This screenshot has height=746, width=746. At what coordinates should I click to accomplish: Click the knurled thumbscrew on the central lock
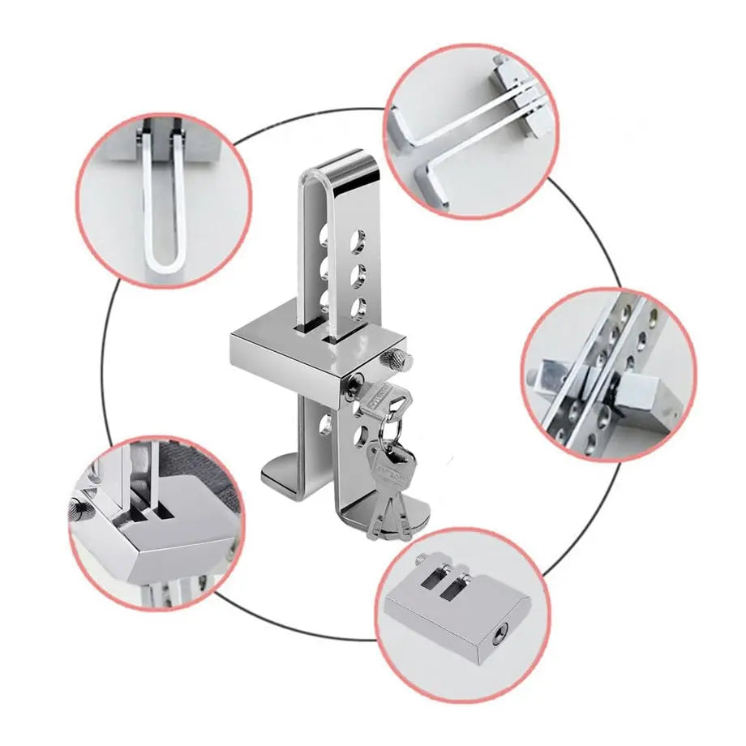(397, 358)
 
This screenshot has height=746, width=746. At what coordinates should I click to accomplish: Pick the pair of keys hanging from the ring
(387, 487)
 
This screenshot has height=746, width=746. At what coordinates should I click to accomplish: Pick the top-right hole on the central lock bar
(356, 241)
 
